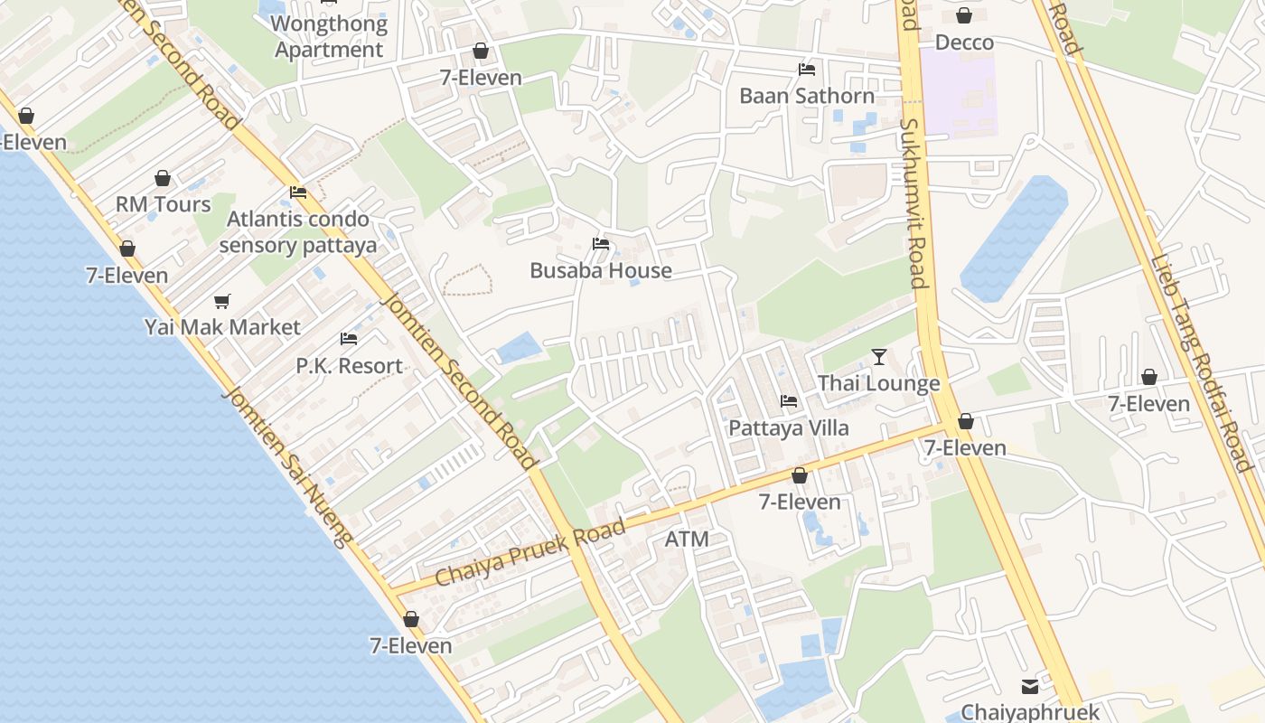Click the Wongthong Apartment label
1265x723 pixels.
(329, 37)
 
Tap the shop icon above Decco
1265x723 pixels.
(964, 15)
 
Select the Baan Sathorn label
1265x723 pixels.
(807, 96)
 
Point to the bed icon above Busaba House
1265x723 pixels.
(601, 244)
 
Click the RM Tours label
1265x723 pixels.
(163, 204)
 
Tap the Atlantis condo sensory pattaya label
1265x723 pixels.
(297, 231)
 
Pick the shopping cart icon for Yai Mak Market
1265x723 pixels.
(222, 301)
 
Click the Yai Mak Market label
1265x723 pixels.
(222, 327)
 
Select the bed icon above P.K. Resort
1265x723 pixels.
(349, 339)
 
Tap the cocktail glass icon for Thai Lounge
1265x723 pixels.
(879, 357)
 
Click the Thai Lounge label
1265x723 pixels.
(879, 383)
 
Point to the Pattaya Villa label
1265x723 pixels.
(789, 427)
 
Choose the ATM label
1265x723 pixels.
(687, 540)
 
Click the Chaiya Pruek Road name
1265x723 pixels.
(530, 552)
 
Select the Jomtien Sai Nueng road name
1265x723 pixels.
(286, 467)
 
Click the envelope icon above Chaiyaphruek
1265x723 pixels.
(1030, 687)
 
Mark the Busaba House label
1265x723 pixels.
(601, 270)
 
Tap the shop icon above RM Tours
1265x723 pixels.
(163, 178)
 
